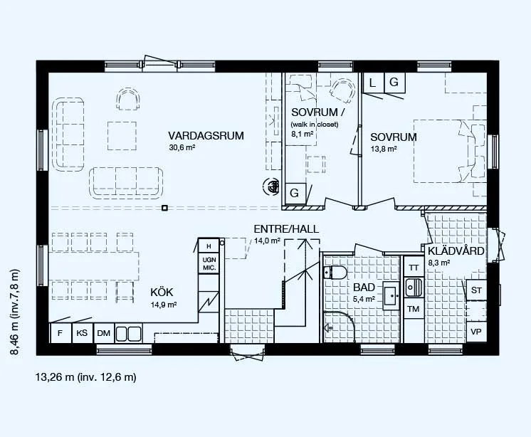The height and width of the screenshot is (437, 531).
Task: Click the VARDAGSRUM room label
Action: click(206, 136)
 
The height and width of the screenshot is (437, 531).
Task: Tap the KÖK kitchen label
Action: click(162, 292)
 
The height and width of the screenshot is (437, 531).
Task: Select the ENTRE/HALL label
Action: click(286, 229)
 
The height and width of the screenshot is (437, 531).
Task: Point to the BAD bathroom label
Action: click(364, 288)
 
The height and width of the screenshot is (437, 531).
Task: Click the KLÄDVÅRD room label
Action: click(456, 251)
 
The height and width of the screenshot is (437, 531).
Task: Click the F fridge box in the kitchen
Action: click(61, 333)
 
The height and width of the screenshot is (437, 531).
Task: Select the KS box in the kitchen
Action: click(82, 333)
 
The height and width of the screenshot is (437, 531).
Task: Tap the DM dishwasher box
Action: click(104, 333)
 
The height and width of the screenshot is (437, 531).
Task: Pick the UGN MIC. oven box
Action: click(209, 263)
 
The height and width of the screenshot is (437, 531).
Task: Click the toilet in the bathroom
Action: click(335, 272)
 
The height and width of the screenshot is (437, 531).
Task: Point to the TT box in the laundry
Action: click(414, 268)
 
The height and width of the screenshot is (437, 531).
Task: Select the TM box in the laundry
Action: click(414, 309)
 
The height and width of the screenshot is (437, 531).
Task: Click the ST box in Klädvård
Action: click(476, 290)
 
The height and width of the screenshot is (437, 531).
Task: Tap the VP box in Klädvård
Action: click(476, 332)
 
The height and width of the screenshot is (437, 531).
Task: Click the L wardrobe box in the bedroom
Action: click(373, 83)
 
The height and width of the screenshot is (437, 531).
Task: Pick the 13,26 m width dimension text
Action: click(86, 377)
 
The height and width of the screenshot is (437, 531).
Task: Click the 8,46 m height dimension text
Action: click(15, 312)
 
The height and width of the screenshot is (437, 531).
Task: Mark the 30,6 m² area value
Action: click(182, 147)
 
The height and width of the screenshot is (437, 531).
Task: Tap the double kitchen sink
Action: click(129, 334)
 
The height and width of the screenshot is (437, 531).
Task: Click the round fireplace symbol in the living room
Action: click(271, 186)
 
